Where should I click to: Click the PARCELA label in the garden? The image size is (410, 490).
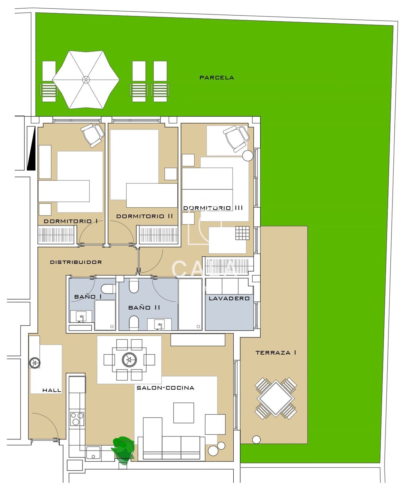tap(216, 78)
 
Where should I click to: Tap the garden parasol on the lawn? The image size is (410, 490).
tap(86, 80)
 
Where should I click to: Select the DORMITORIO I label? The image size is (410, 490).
tap(71, 221)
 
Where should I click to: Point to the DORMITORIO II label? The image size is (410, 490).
tap(145, 216)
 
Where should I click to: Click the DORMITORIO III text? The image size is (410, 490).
tap(213, 208)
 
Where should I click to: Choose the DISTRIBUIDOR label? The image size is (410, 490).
tap(76, 262)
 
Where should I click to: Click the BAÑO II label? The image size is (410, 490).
tap(144, 307)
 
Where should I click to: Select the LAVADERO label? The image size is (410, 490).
tap(229, 298)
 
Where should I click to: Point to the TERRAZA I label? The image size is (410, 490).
tap(276, 353)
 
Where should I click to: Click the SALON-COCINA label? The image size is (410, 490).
tap(165, 388)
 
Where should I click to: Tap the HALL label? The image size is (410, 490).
tap(52, 390)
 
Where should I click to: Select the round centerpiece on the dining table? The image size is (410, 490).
tap(129, 360)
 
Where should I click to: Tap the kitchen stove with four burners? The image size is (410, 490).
tap(77, 419)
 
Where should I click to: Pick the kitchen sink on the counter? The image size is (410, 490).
tap(93, 453)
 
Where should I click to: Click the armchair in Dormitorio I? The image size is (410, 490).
tap(92, 134)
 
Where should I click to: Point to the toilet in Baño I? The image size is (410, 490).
tap(108, 289)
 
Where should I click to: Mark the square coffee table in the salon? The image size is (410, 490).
tap(183, 413)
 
